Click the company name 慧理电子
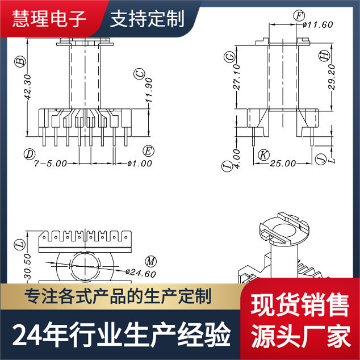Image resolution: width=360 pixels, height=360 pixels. (x=50, y=19)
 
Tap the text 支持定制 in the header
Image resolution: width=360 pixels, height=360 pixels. (x=147, y=19)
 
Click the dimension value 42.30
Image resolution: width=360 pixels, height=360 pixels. (x=27, y=89)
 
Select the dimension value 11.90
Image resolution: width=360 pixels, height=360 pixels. (x=148, y=91)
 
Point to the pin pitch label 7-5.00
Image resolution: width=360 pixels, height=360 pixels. (x=51, y=163)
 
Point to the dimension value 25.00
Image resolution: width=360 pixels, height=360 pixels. (x=282, y=163)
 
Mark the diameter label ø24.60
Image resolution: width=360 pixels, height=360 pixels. (x=140, y=273)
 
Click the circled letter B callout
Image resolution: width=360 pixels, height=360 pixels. (x=20, y=61)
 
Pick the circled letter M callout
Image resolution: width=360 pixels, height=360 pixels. (x=150, y=261)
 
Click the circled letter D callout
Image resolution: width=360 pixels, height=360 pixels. (x=28, y=153)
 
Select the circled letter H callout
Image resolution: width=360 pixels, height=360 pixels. (x=324, y=56)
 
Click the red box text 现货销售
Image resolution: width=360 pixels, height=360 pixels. (x=300, y=307)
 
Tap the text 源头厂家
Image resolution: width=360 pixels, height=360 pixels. (x=300, y=337)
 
